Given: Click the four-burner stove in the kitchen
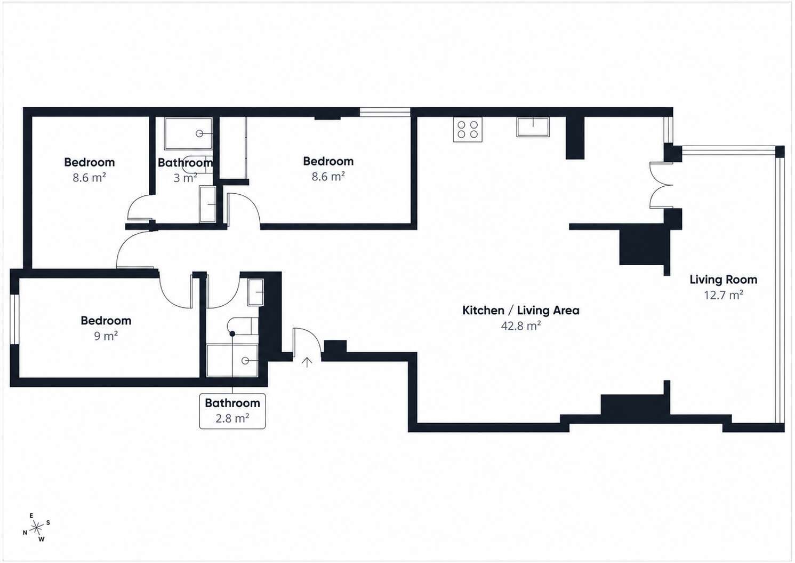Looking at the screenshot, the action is point(468,130).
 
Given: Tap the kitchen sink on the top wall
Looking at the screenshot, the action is point(533,127).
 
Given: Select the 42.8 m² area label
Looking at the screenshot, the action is point(520,326).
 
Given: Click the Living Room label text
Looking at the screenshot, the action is point(724,280).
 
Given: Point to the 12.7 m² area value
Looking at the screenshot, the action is point(724,295).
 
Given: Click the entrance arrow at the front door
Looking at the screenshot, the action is point(307,362).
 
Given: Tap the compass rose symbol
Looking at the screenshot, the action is point(37,528).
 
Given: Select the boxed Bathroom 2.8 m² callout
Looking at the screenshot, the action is point(232,411).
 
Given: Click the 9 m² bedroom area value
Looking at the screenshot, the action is point(106,336).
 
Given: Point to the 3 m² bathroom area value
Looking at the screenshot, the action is point(185,178).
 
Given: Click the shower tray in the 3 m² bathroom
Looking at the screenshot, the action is point(188,133).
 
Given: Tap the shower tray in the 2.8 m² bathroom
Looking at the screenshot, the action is point(232,360).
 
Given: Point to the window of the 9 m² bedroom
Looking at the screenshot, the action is point(14,319).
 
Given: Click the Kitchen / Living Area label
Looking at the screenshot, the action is point(520,311).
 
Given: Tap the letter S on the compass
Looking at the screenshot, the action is point(49,522).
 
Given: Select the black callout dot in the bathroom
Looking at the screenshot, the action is point(232,334).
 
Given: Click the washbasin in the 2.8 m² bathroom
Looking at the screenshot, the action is point(255,292).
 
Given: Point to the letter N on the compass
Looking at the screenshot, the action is point(25,533).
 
